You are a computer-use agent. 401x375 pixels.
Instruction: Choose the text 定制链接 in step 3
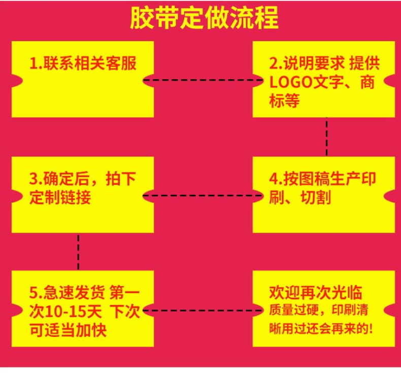click(60, 197)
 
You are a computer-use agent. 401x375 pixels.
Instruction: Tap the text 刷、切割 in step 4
click(299, 197)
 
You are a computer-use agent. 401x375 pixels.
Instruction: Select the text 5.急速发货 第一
click(83, 293)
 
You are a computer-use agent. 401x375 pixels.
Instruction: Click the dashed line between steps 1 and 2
click(204, 80)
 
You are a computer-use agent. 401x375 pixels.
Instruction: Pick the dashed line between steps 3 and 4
click(204, 195)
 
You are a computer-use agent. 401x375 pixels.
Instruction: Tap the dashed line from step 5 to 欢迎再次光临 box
click(204, 311)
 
